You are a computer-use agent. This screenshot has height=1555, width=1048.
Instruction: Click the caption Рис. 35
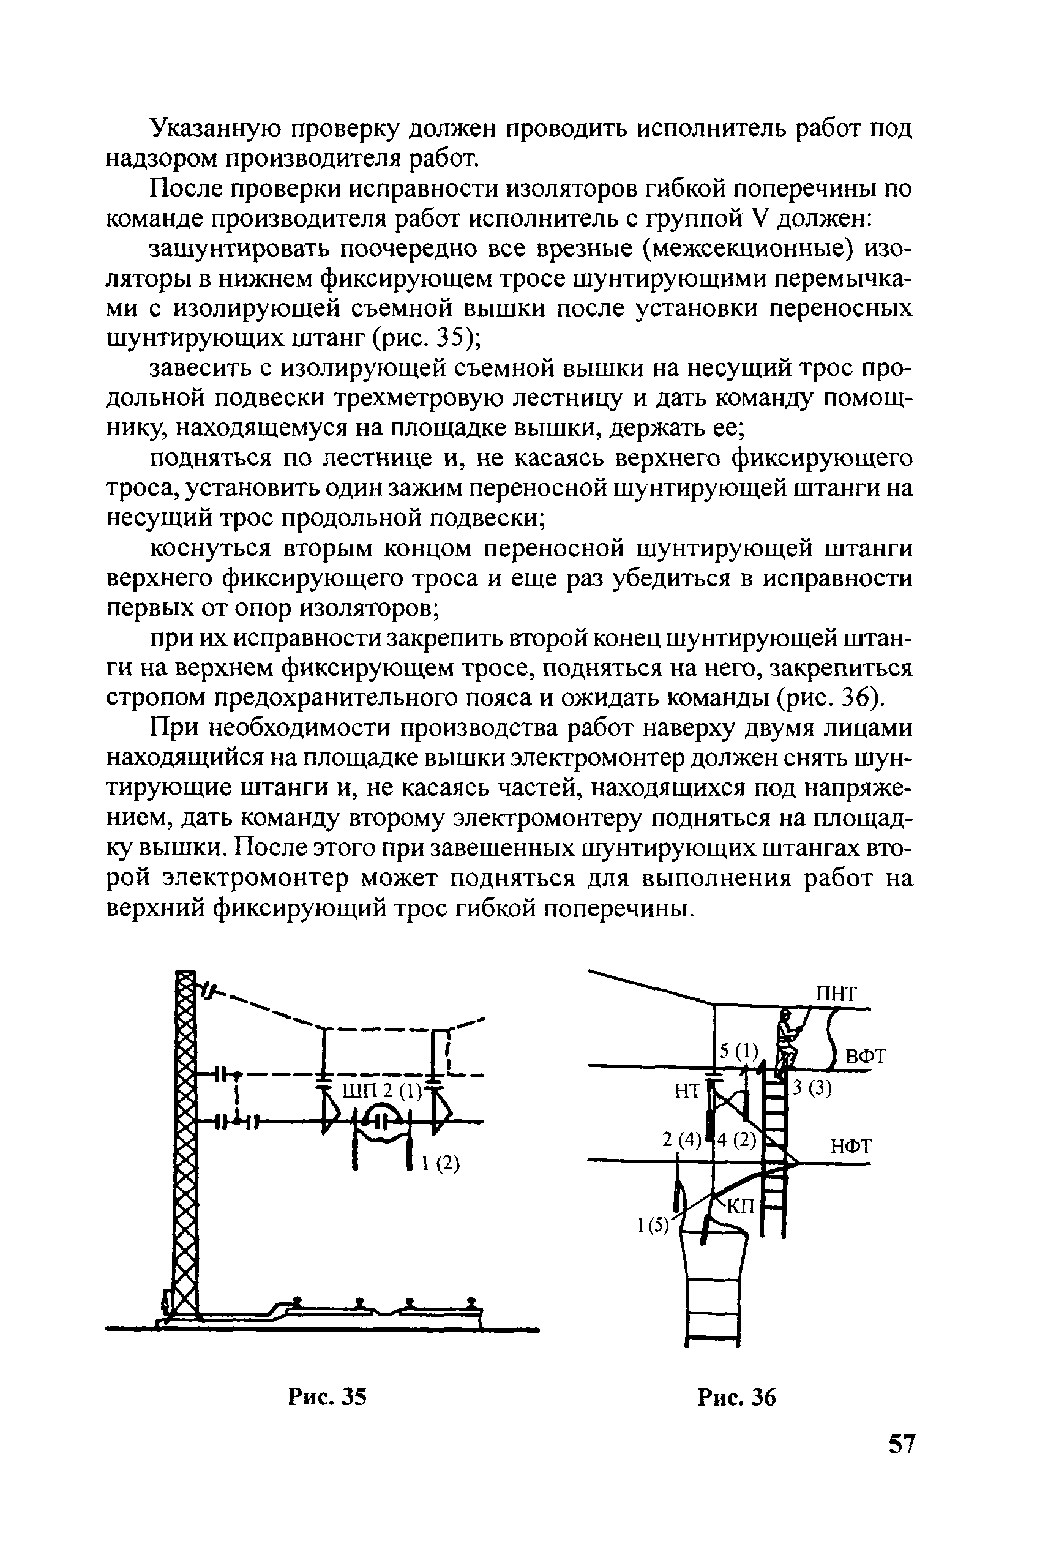(x=327, y=1396)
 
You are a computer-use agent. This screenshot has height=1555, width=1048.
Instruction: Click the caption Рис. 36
(x=736, y=1396)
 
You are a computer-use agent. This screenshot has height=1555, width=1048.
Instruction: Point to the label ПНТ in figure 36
(x=836, y=994)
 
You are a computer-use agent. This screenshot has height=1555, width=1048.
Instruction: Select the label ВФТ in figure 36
(x=866, y=1057)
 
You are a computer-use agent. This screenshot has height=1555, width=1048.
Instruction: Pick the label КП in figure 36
(x=740, y=1206)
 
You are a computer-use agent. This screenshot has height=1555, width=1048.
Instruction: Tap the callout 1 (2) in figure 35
(x=441, y=1163)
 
